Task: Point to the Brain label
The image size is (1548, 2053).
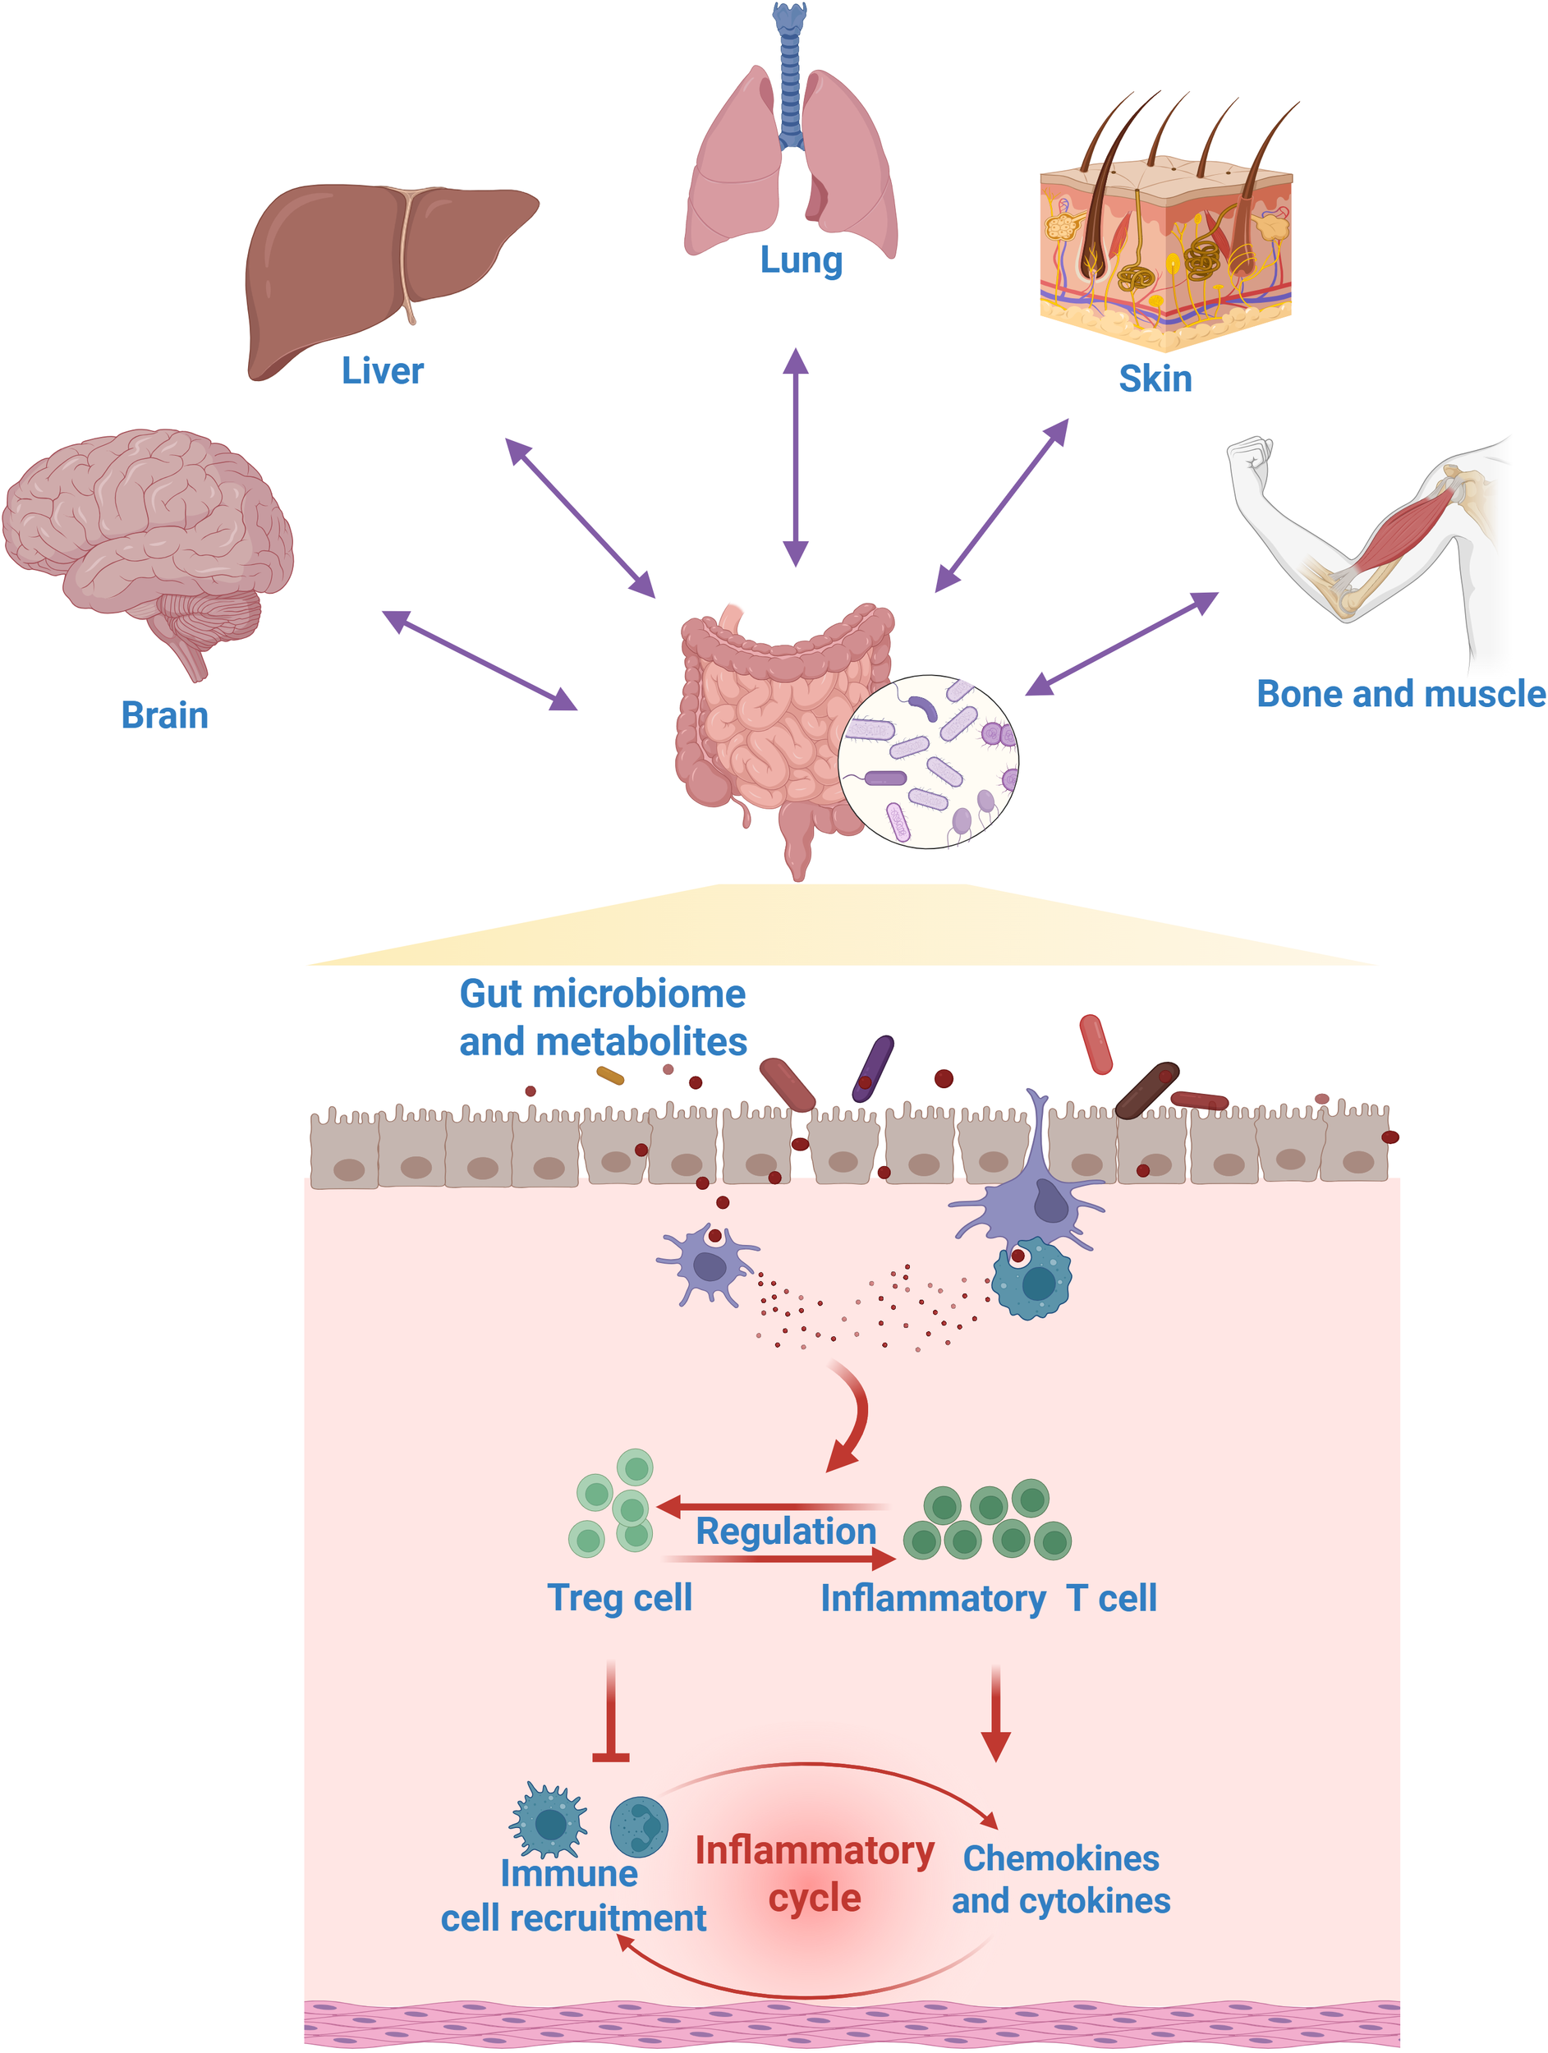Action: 164,715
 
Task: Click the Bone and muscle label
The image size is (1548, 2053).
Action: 1399,694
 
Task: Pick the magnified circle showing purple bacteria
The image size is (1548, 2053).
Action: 927,761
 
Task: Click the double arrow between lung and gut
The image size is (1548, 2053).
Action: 795,457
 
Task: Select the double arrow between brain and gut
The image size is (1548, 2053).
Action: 479,660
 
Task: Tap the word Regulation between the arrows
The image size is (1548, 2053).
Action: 785,1532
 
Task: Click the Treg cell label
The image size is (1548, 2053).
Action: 619,1599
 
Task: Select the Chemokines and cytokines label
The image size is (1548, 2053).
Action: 1060,1881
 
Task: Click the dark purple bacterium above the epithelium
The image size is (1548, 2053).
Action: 872,1068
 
